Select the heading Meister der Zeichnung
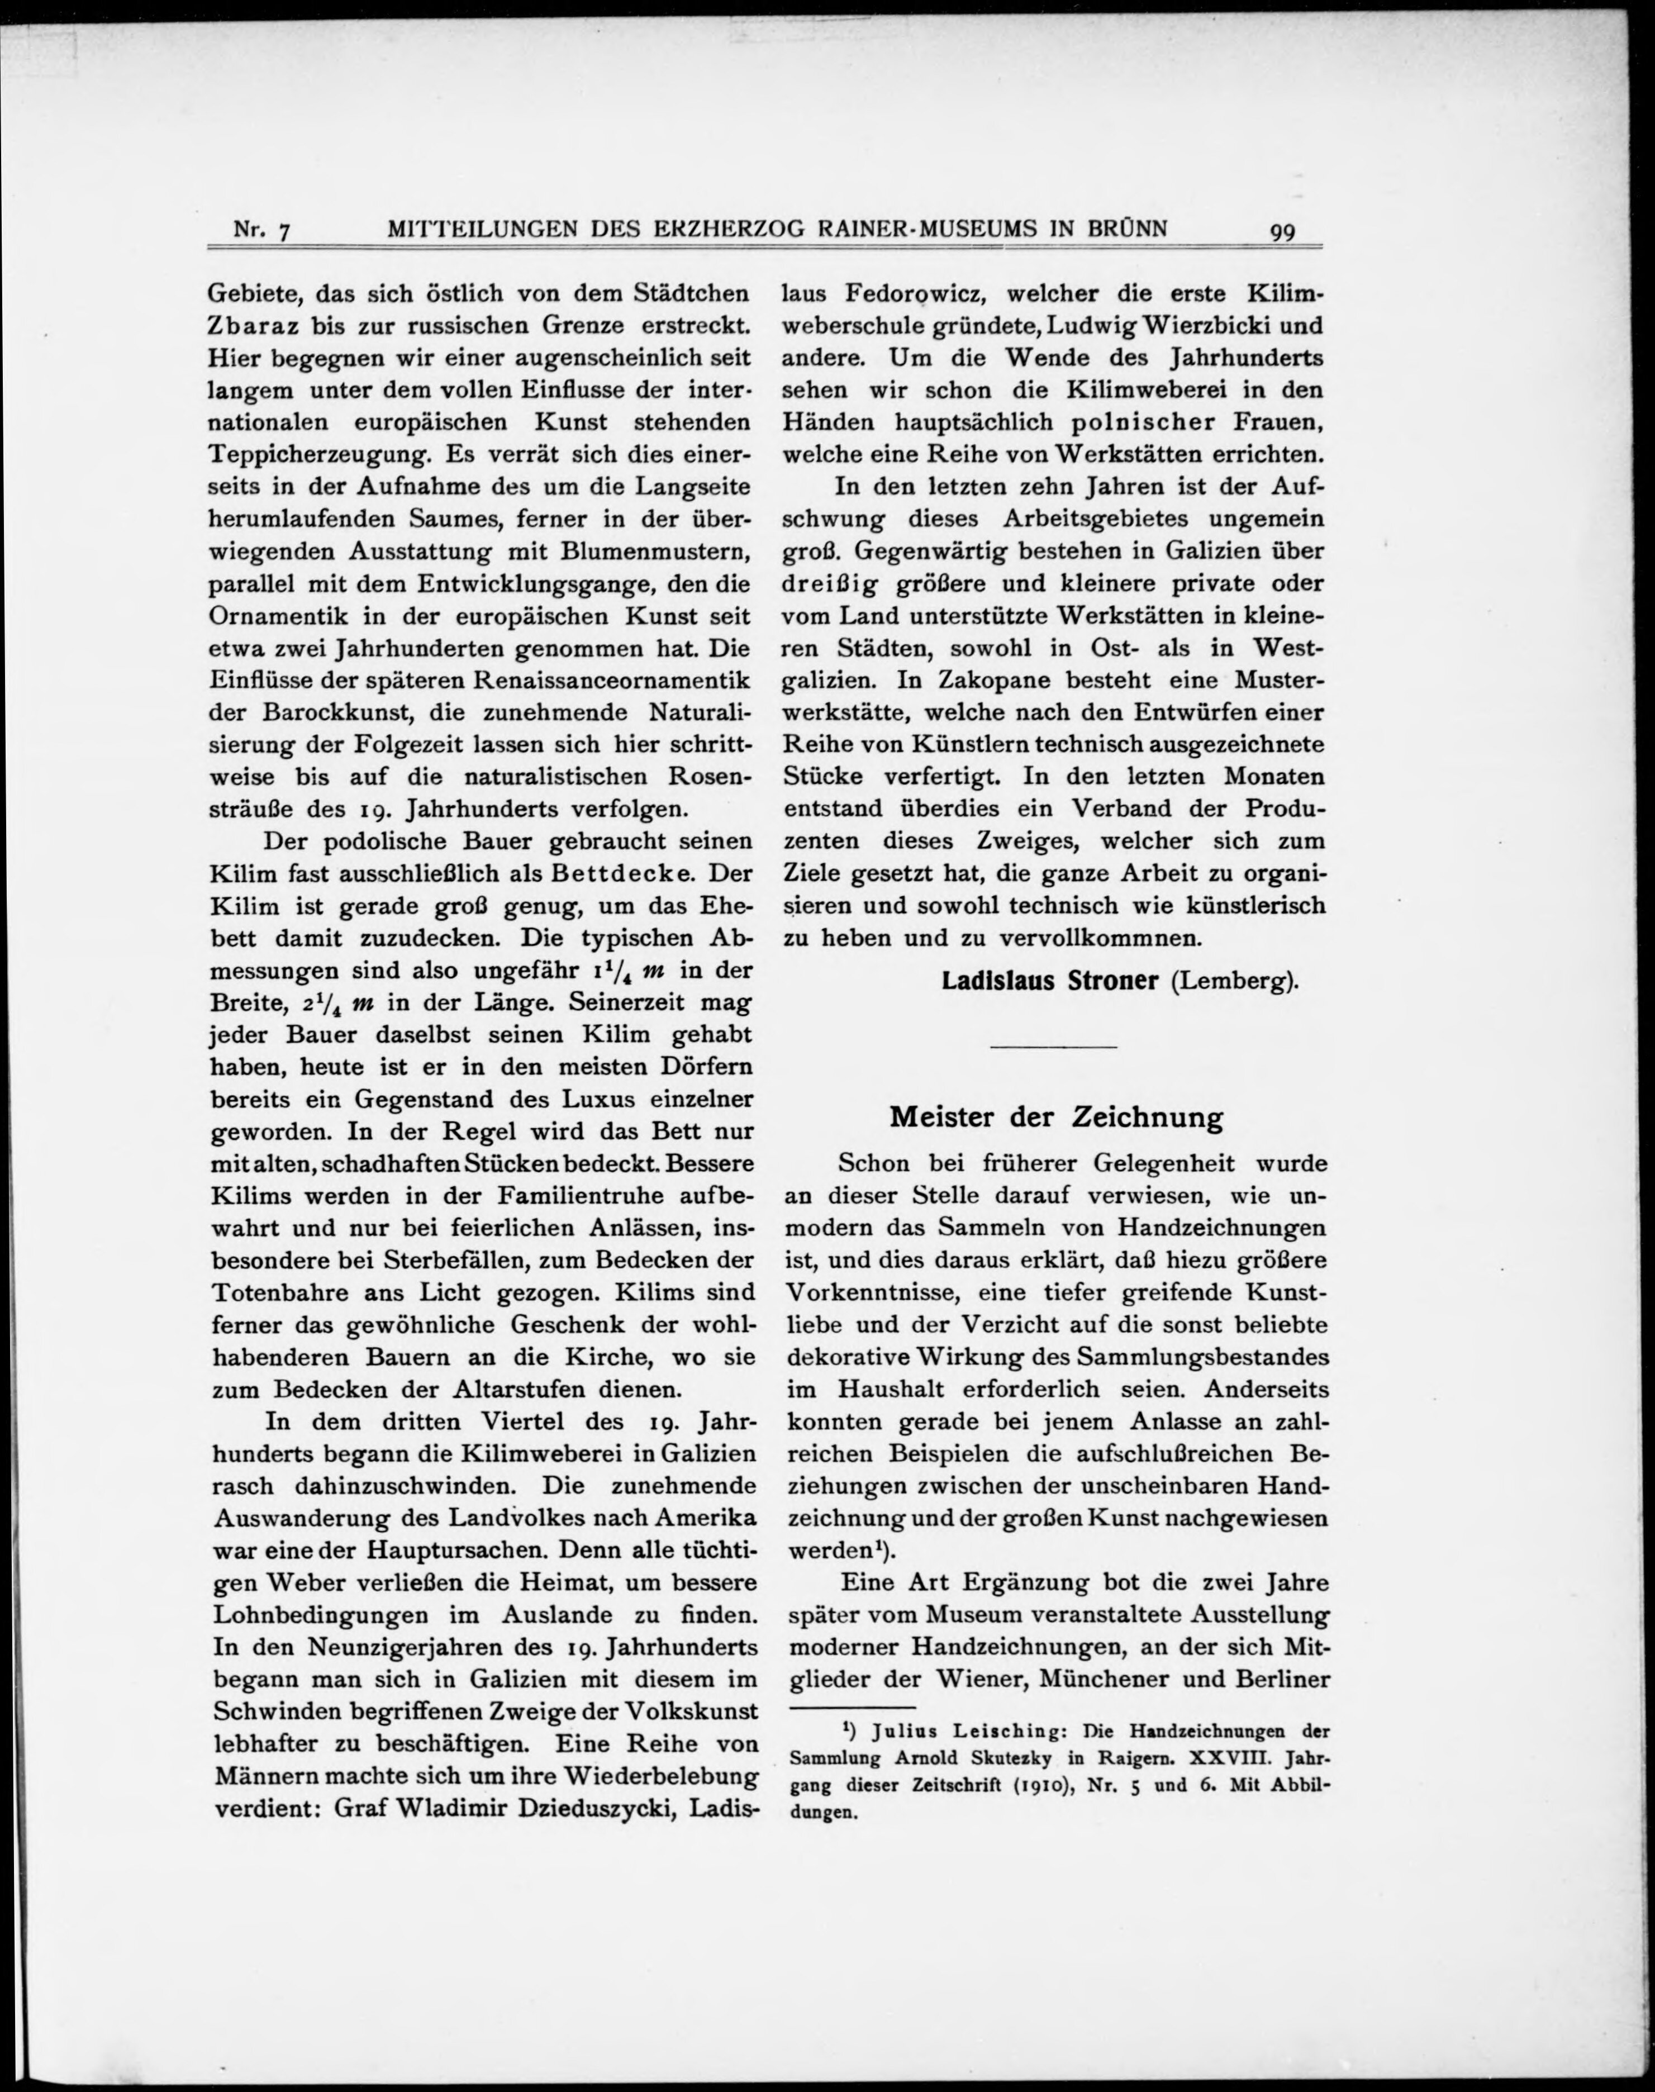[1055, 1117]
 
